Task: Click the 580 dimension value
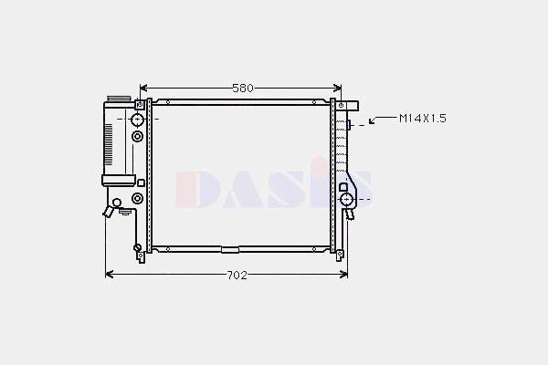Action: [x=243, y=88]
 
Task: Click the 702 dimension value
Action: [x=237, y=276]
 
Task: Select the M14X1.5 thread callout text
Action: [x=423, y=119]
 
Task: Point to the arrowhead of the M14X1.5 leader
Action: [x=372, y=121]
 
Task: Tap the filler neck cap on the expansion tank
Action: [x=118, y=99]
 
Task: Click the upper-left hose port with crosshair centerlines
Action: [x=138, y=120]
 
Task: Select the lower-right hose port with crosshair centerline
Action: [x=347, y=200]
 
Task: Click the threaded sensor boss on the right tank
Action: [x=349, y=125]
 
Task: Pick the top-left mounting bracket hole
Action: [x=140, y=104]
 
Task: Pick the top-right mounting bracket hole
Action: [x=341, y=105]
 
